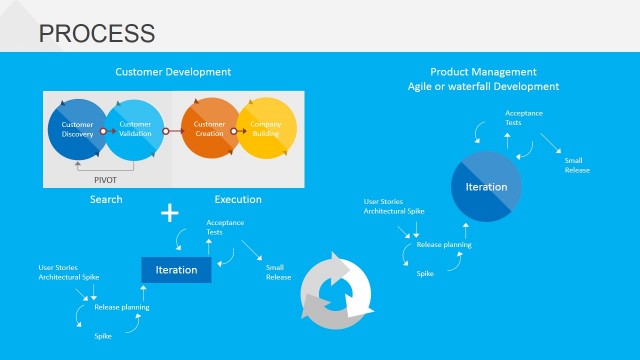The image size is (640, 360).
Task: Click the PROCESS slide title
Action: point(96,33)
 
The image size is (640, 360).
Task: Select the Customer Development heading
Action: point(173,72)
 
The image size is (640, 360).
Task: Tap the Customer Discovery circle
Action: point(77,130)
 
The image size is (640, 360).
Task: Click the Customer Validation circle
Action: point(135,130)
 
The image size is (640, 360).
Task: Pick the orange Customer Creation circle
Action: point(209,130)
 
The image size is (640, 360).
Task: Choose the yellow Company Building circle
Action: point(265,130)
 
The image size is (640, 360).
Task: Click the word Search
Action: point(106,199)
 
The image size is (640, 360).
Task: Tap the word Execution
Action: point(238,199)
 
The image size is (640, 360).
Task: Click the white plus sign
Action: point(171,213)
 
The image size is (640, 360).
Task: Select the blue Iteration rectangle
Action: point(176,270)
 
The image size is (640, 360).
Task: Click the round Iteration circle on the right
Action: point(486,187)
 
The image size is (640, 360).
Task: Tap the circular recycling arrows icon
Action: point(336,290)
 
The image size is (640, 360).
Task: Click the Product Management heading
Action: point(483,72)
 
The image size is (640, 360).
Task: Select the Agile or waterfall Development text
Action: point(483,86)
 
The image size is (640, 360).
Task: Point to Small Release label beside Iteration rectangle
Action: point(278,272)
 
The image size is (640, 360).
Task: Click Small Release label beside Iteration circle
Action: point(577,165)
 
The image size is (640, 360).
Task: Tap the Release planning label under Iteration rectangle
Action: point(122,307)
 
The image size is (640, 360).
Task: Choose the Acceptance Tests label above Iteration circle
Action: point(524,118)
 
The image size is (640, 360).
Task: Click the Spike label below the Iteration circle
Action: point(425,273)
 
